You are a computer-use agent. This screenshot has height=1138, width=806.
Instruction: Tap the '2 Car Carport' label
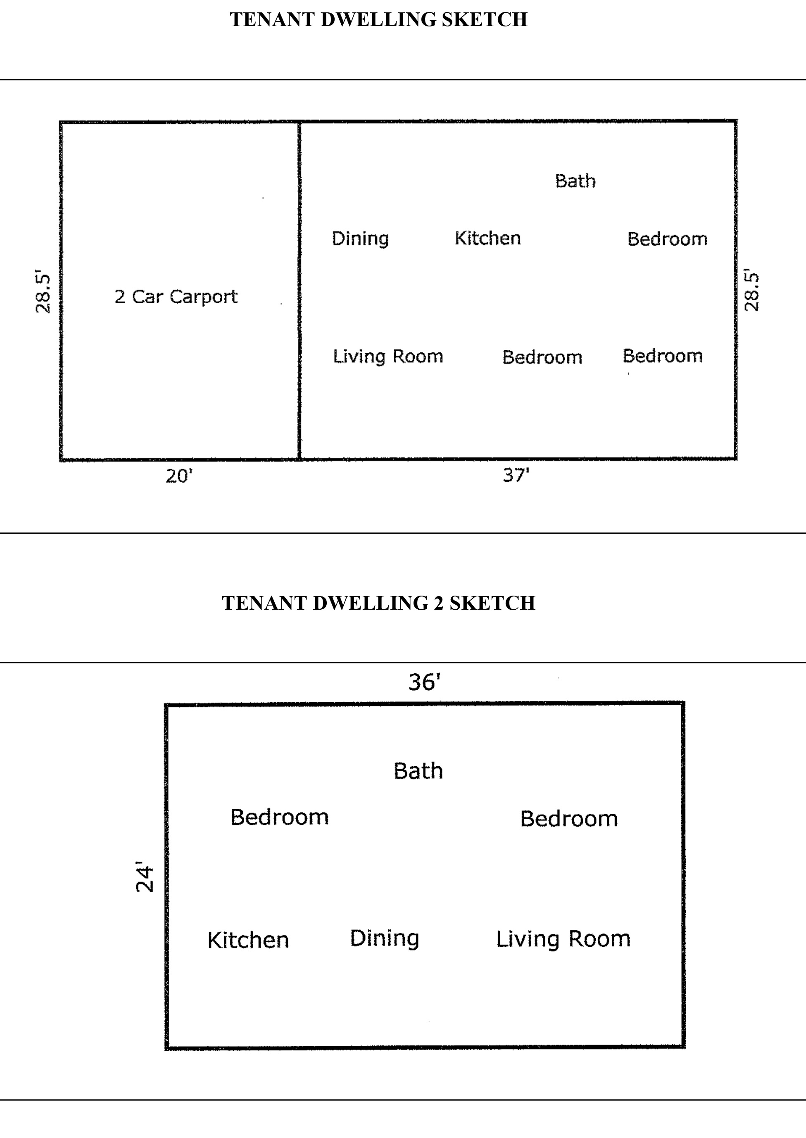[x=176, y=297]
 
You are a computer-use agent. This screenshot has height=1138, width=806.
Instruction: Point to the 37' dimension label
[x=516, y=475]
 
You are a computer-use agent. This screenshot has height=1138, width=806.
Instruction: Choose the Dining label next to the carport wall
[x=360, y=239]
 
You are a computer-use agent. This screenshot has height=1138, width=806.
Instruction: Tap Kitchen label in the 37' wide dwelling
[x=488, y=238]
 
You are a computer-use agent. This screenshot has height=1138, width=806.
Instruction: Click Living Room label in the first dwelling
[x=388, y=357]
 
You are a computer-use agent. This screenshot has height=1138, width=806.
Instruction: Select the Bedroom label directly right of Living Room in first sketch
[x=542, y=357]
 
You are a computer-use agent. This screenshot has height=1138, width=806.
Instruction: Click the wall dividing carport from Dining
[x=299, y=290]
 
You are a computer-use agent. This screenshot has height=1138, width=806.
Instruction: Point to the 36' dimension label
[x=424, y=682]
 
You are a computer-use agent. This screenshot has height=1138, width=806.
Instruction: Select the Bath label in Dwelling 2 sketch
[x=418, y=771]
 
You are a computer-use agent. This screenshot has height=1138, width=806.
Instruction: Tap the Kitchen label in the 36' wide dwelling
[x=248, y=940]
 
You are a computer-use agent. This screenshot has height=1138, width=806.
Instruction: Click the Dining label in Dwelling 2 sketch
[x=385, y=939]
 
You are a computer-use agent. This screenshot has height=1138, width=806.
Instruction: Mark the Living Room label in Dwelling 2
[x=563, y=939]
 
